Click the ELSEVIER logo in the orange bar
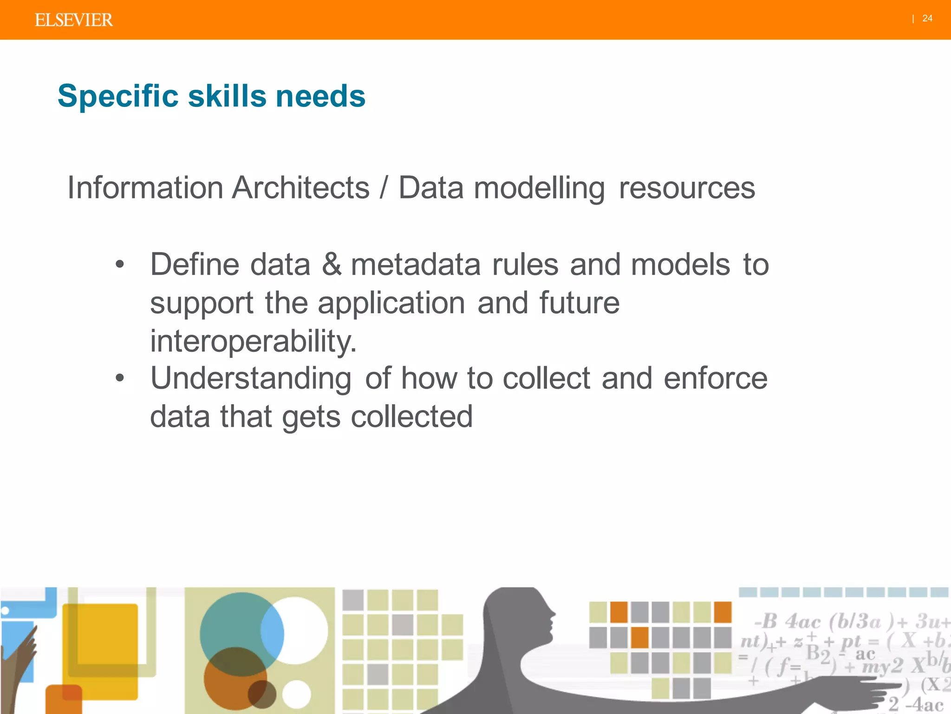73,20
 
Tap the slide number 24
927,19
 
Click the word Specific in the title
118,96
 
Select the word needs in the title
320,96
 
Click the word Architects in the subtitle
300,188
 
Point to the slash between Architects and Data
384,188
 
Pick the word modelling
539,189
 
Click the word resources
687,188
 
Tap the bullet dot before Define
120,264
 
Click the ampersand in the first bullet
331,264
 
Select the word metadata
416,264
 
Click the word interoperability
253,341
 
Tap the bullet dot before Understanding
120,377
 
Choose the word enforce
715,377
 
